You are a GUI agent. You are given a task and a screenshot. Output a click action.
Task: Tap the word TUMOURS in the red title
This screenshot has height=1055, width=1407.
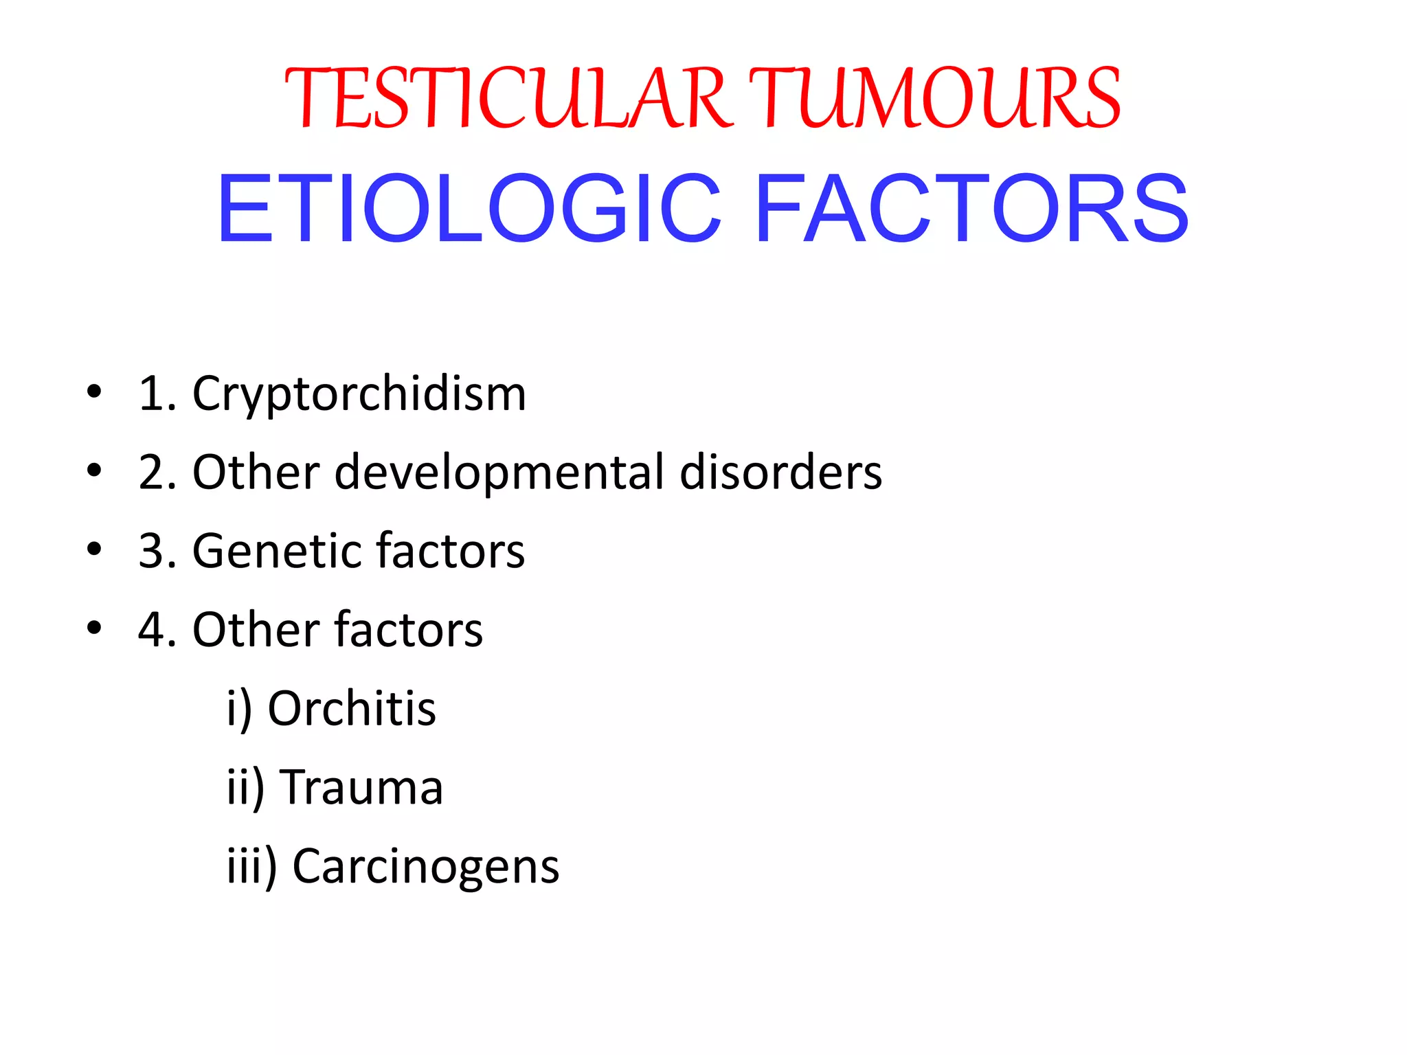934,98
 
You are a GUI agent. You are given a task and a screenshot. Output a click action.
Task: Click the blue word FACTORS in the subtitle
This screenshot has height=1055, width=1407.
971,209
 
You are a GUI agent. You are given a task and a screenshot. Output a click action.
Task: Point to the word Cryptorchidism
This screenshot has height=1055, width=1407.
359,394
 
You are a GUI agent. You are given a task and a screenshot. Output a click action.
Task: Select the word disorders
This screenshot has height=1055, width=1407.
780,473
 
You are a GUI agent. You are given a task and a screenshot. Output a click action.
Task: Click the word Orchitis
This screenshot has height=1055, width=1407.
352,708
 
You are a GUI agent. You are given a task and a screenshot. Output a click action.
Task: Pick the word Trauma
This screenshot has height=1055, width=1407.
362,787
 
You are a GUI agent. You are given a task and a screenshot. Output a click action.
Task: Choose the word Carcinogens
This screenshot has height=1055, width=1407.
426,866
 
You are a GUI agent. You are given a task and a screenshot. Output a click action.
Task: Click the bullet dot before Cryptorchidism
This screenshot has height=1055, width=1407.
94,392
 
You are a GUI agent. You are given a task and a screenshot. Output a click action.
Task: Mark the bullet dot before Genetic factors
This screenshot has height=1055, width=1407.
94,549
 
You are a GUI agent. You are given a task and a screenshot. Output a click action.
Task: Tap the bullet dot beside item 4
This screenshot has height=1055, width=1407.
94,628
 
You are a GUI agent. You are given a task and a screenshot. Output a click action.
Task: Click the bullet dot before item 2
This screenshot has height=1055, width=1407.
94,471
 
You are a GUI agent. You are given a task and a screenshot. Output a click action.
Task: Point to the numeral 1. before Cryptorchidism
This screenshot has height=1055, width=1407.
157,394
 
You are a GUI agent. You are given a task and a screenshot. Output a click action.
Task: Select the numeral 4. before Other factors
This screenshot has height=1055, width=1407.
157,630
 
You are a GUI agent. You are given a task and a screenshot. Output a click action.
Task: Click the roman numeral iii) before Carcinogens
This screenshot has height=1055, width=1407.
251,866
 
